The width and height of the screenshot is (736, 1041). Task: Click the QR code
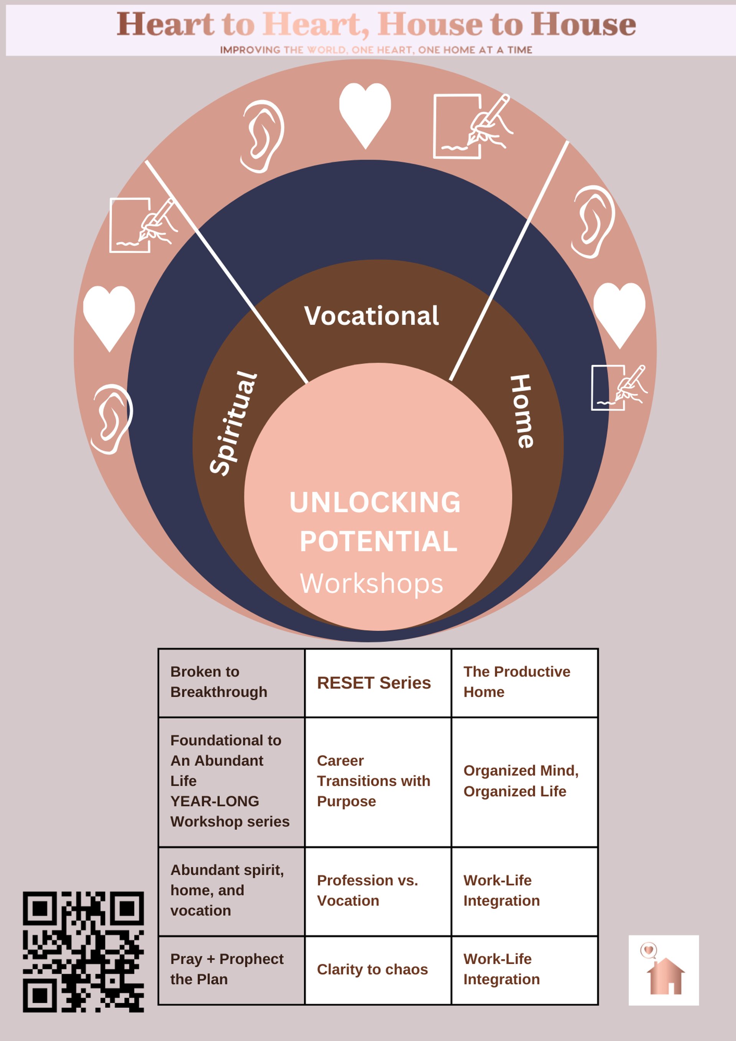click(x=84, y=952)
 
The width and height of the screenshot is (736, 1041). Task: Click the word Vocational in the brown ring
click(x=371, y=316)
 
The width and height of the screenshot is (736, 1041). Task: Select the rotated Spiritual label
click(x=233, y=423)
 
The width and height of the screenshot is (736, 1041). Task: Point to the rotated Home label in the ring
click(x=522, y=411)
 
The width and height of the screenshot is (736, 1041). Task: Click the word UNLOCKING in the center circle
click(x=375, y=502)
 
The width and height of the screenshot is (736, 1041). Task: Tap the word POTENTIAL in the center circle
click(x=378, y=541)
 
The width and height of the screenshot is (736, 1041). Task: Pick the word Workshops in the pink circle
click(x=371, y=583)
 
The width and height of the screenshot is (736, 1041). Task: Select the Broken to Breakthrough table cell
click(x=231, y=682)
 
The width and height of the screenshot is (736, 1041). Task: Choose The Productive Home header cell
click(x=524, y=682)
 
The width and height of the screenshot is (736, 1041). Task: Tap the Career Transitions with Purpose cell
click(x=378, y=781)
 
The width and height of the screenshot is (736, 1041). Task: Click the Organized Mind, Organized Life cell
click(x=524, y=781)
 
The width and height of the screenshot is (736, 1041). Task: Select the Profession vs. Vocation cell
click(x=378, y=890)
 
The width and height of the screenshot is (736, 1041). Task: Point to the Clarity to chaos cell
click(x=378, y=969)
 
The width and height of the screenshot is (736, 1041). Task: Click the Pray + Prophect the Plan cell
click(x=231, y=969)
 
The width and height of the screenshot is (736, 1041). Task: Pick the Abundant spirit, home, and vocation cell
click(x=231, y=890)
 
